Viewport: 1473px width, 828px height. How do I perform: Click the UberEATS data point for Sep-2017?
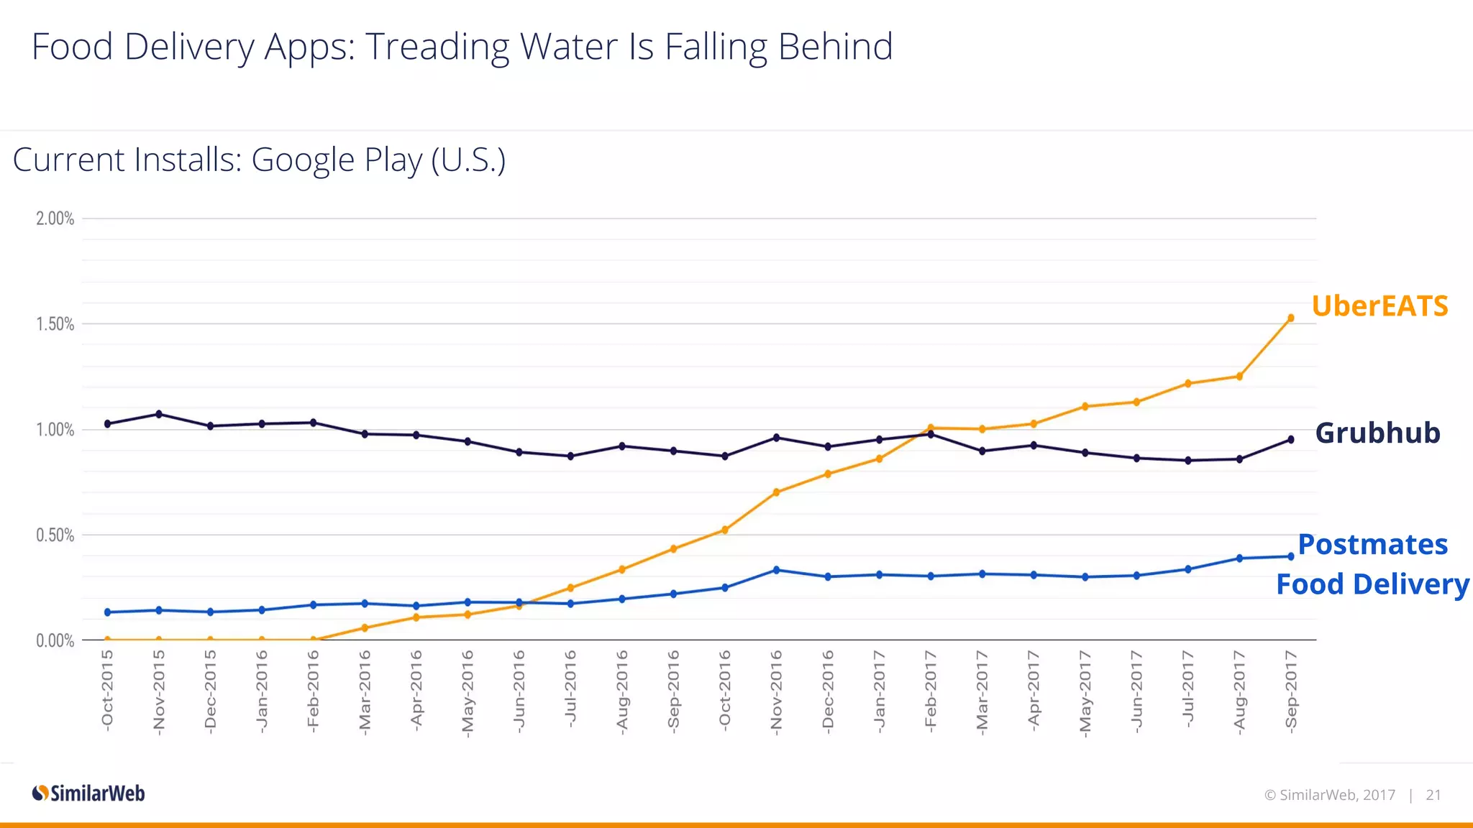tap(1290, 318)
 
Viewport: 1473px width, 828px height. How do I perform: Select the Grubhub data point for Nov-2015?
tap(159, 414)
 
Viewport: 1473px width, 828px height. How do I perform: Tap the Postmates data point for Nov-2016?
tap(776, 570)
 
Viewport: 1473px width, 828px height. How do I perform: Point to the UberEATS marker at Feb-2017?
tap(931, 428)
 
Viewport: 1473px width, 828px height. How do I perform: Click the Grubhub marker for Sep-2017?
tap(1290, 439)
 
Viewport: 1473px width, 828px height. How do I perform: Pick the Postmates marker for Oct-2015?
tap(108, 612)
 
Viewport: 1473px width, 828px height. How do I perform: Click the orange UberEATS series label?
tap(1379, 306)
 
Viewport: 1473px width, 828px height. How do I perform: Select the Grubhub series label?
tap(1377, 433)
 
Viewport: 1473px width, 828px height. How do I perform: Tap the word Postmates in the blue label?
tap(1372, 545)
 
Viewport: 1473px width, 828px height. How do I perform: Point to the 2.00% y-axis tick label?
tap(55, 218)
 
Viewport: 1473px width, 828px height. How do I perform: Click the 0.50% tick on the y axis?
tap(55, 535)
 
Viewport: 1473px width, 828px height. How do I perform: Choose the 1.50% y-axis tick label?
tap(55, 324)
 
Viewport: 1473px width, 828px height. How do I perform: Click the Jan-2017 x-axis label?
tap(879, 691)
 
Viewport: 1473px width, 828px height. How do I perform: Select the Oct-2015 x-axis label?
tap(108, 691)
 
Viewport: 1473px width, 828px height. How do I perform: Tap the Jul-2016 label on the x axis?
tap(570, 689)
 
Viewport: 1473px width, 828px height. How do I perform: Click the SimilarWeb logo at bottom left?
tap(88, 793)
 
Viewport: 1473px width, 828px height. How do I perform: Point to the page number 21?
tap(1433, 795)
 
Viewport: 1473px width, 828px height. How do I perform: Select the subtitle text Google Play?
tap(337, 160)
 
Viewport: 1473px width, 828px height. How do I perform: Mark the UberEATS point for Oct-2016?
tap(725, 530)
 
